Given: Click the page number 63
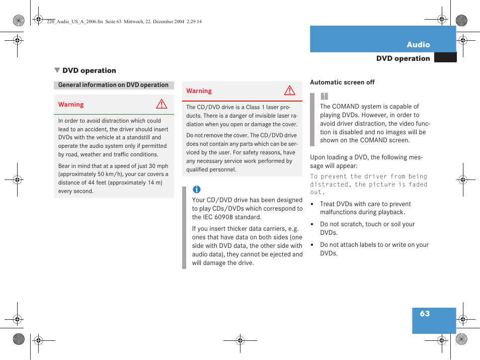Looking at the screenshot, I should tap(425, 313).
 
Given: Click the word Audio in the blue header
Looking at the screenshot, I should tap(418, 44).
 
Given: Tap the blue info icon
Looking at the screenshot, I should tap(196, 190).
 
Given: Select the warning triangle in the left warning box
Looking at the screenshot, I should tap(161, 105).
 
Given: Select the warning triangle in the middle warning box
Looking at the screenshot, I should tap(289, 91).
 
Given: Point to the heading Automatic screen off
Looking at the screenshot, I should tap(342, 82).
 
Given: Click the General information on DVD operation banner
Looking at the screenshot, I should tap(113, 85).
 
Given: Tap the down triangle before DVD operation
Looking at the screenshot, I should tap(57, 70).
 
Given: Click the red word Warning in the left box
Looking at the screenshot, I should tap(71, 105).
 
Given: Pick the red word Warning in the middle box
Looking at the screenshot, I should tap(199, 91).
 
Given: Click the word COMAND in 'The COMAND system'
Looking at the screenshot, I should tap(346, 107).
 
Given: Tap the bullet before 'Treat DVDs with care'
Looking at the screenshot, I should tap(312, 205).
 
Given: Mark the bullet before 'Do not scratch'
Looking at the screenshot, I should tap(312, 225).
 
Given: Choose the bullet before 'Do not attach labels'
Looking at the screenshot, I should tap(312, 245).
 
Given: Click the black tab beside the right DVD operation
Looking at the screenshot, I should tap(445, 58).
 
